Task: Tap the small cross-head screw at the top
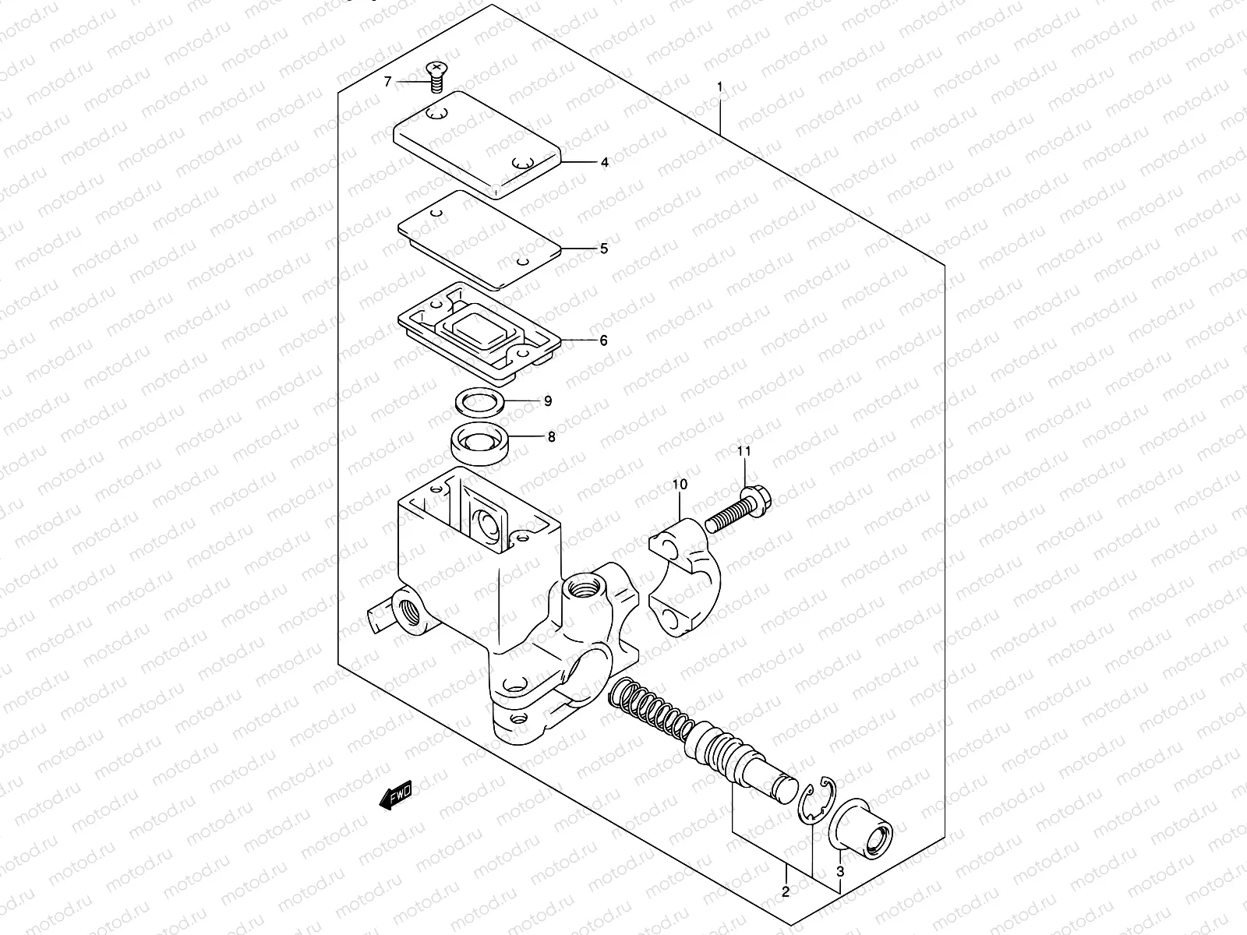coord(436,75)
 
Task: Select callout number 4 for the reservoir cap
coord(604,163)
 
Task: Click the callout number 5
coord(603,249)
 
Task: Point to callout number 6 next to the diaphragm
coord(603,340)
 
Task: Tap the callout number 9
coord(548,400)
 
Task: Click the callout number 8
coord(551,437)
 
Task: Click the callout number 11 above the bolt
coord(744,451)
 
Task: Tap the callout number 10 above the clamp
coord(680,485)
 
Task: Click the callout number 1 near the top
coord(720,87)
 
